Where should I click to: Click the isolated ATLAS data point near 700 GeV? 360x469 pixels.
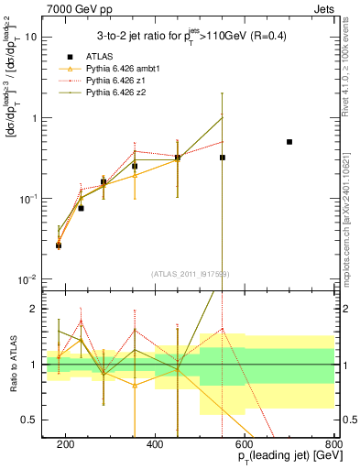tap(289, 142)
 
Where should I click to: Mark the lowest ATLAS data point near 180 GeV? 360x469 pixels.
tap(59, 245)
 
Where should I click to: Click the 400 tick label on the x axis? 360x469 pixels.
tap(156, 445)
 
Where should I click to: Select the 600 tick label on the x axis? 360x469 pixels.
tap(245, 445)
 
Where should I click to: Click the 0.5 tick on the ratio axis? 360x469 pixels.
tap(37, 420)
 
